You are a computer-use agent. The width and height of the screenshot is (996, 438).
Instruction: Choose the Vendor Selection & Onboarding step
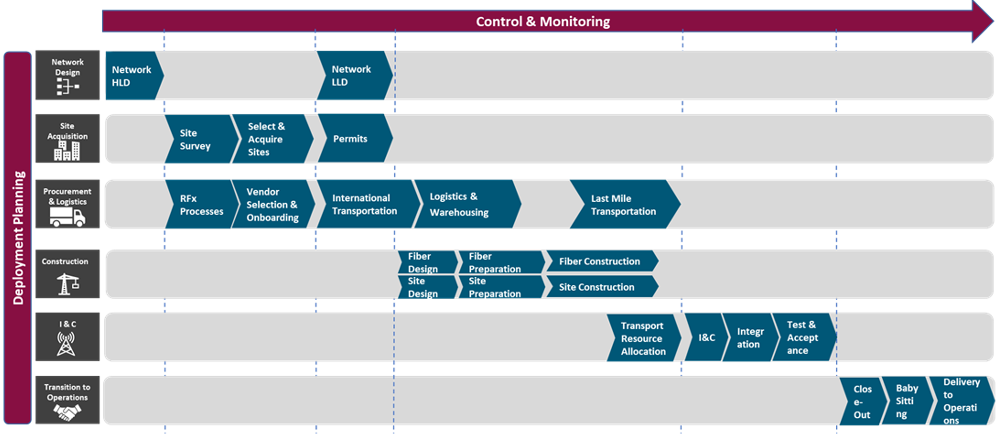coord(272,205)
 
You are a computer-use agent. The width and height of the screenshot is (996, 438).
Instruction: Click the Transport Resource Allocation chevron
coord(643,339)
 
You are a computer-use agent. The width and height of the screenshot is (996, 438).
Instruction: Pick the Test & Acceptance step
coord(802,338)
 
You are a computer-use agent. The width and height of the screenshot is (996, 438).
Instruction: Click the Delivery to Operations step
coord(960,401)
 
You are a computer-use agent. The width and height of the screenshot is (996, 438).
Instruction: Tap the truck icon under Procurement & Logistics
coord(67,217)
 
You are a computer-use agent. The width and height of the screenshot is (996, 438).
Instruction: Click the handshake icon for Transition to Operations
coord(67,412)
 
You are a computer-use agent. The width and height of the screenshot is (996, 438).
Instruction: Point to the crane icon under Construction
coord(68,284)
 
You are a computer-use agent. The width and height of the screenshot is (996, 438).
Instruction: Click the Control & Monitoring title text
coord(543,22)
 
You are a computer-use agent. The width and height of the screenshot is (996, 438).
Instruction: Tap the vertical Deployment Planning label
coord(18,238)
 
